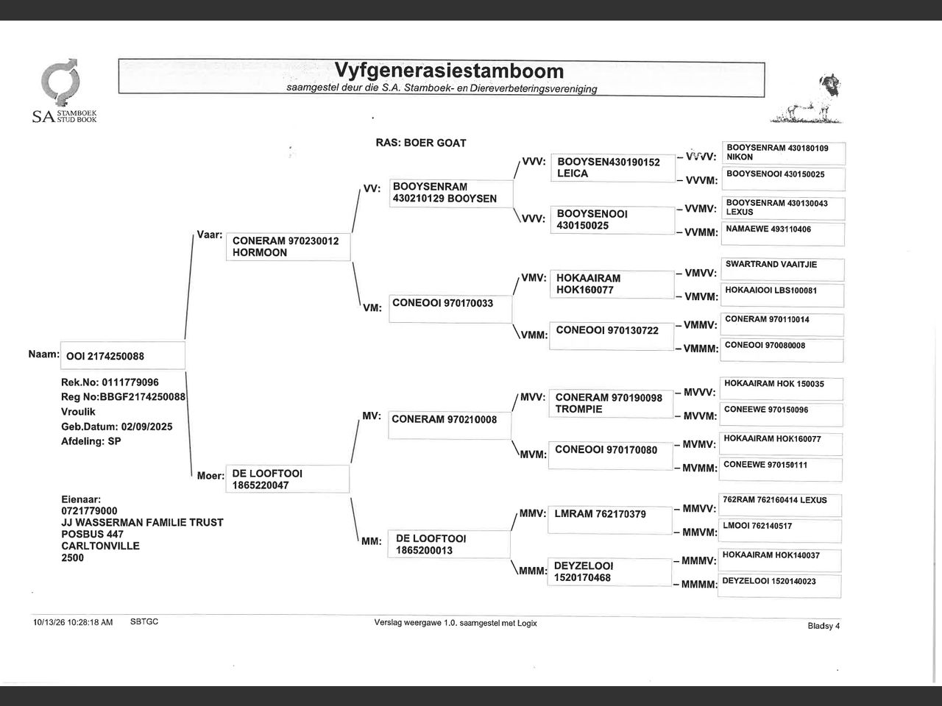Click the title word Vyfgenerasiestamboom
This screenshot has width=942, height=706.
[449, 71]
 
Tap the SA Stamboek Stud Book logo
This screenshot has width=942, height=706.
[64, 91]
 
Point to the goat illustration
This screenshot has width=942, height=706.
[807, 99]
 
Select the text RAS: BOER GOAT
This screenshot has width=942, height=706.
[420, 143]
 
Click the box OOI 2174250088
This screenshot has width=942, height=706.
[123, 355]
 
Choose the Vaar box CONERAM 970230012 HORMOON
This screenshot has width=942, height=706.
[288, 246]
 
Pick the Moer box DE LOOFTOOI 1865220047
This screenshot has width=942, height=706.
[288, 479]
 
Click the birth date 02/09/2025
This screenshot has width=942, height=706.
[146, 427]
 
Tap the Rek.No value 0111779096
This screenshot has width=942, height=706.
[130, 382]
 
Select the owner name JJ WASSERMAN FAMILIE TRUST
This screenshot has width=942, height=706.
[143, 523]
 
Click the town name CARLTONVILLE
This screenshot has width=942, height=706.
[100, 546]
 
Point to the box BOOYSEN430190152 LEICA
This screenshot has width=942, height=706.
[613, 168]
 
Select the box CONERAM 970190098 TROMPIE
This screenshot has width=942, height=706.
[611, 404]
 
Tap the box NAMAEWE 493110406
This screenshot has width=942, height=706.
[783, 234]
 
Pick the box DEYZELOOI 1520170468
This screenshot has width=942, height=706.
[609, 572]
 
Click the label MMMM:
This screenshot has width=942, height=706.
[700, 584]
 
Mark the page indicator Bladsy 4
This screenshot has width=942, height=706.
[824, 626]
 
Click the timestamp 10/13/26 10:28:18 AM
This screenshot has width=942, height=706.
[73, 622]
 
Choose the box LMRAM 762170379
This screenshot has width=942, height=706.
[610, 521]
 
